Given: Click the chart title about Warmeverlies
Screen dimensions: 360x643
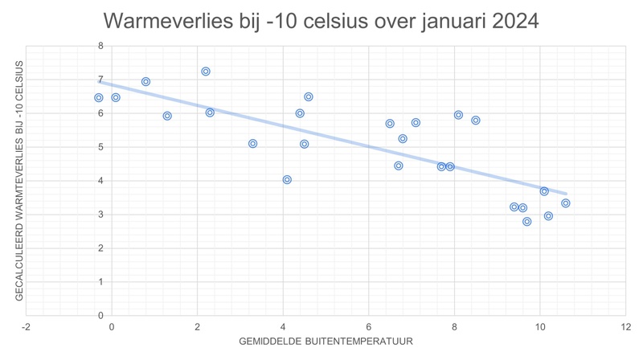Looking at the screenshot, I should [x=321, y=20].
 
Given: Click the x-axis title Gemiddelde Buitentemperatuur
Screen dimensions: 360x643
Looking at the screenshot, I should [x=326, y=342].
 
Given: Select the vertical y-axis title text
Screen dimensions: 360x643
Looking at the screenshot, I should [x=19, y=180].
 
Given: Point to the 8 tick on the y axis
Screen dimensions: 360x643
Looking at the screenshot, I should [x=100, y=46].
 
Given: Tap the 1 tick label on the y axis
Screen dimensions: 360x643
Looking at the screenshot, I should [x=100, y=281].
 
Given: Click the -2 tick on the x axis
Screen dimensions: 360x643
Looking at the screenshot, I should [x=27, y=326].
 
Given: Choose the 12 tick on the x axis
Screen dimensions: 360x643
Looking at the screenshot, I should [x=625, y=326].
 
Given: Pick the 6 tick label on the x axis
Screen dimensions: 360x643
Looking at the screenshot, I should [x=368, y=326].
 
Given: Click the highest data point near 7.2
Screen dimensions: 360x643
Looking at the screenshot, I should [x=206, y=72].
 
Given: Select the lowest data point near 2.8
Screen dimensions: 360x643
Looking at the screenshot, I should [x=527, y=222].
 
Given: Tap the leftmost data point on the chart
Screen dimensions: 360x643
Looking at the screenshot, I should [x=98, y=98].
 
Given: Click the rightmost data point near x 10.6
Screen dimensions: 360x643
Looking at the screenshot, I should [x=566, y=203].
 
